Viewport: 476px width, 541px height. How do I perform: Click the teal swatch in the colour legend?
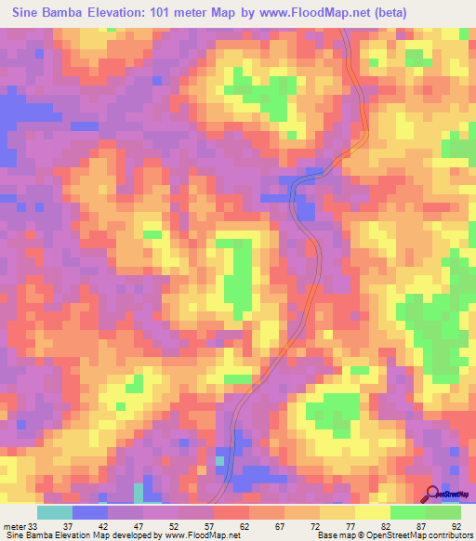click(55, 512)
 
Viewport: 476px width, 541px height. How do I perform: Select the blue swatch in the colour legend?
click(90, 512)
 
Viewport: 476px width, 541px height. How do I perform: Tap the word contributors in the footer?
click(445, 534)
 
